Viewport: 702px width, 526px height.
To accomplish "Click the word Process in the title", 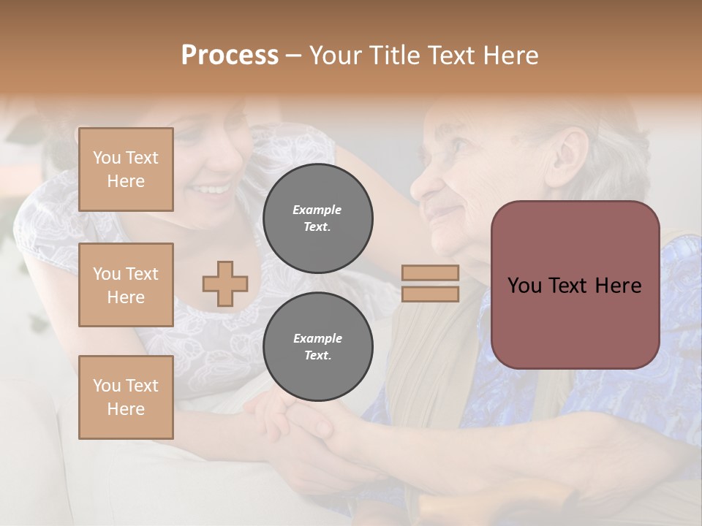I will click(x=230, y=56).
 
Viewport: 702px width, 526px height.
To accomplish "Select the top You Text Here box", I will click(x=126, y=169).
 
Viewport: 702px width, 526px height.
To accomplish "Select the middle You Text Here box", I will click(x=126, y=285).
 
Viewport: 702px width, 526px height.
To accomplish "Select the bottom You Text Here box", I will click(x=126, y=397).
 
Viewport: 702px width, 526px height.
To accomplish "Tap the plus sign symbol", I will click(x=225, y=283).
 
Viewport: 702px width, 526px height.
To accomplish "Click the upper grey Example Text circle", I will click(x=317, y=218).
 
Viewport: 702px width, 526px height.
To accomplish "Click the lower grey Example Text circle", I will click(x=317, y=347).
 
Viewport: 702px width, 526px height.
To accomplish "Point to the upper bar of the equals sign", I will click(x=430, y=273).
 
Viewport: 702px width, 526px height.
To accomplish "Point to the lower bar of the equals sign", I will click(x=430, y=294).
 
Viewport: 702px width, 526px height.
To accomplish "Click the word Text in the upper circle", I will click(x=317, y=226).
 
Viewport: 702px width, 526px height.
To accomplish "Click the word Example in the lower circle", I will click(x=317, y=338).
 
